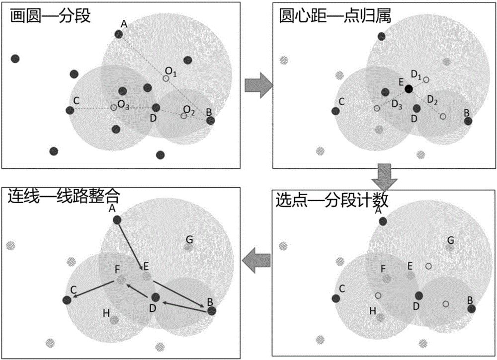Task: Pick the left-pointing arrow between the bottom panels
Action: coord(256,262)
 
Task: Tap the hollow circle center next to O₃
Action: coord(114,107)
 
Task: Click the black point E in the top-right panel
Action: coord(409,89)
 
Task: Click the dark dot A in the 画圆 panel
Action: coord(119,34)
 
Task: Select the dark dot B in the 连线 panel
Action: coord(211,311)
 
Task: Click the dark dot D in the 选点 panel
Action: coord(419,296)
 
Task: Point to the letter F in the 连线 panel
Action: coord(117,270)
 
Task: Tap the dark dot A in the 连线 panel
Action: coord(117,220)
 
